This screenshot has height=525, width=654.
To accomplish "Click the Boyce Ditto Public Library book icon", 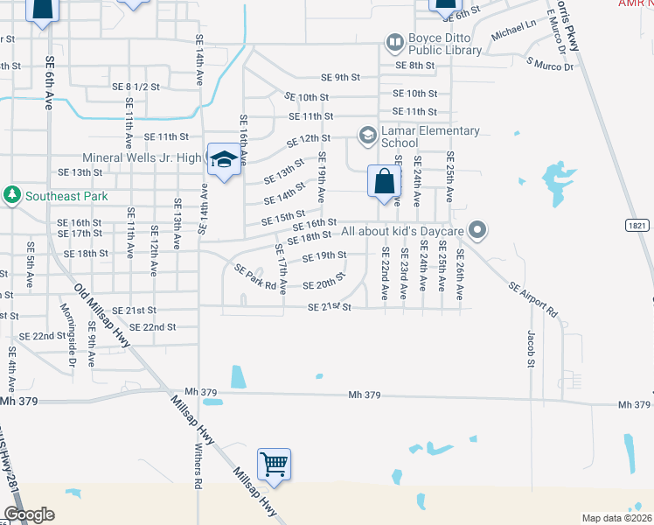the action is click(395, 41).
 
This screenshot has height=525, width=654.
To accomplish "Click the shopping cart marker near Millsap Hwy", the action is click(274, 464).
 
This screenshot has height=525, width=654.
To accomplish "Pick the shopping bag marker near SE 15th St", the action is click(383, 182).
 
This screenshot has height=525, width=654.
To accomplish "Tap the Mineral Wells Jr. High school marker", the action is click(224, 159).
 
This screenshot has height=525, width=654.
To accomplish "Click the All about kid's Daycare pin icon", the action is click(477, 231).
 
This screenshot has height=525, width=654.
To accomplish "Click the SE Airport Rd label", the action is click(532, 297).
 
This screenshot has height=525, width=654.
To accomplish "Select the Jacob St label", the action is click(531, 347).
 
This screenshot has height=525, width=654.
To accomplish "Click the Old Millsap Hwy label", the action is click(102, 316).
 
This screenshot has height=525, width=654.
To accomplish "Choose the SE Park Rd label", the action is click(255, 277).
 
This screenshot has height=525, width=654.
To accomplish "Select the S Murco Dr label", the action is click(550, 65).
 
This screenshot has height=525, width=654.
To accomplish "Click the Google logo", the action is click(29, 514).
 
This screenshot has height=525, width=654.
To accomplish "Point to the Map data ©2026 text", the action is click(616, 518).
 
